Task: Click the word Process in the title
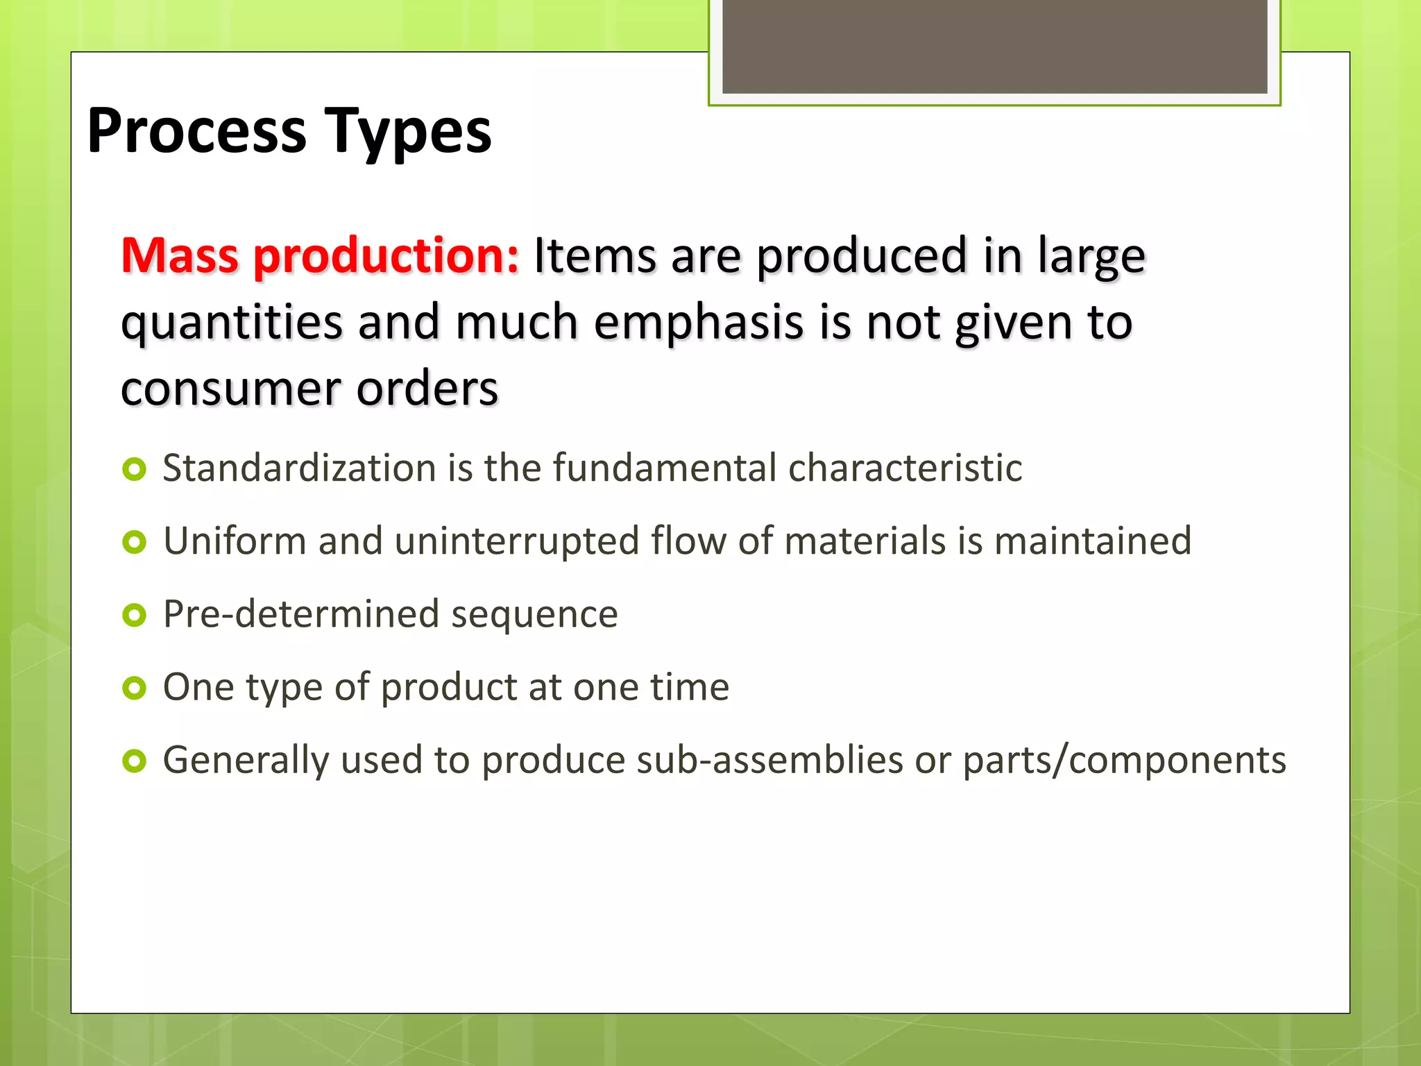coord(196,132)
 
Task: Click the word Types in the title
coord(409,132)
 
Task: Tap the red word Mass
coord(180,256)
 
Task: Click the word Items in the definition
coord(594,256)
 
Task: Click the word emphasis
coord(698,323)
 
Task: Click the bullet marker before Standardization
coord(134,470)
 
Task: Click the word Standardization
coord(299,468)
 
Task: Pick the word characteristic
coord(905,468)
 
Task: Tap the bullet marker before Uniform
coord(134,542)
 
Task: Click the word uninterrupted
coord(516,542)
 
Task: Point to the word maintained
coord(1092,541)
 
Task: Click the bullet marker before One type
coord(134,688)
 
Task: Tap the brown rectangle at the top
coord(994,46)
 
